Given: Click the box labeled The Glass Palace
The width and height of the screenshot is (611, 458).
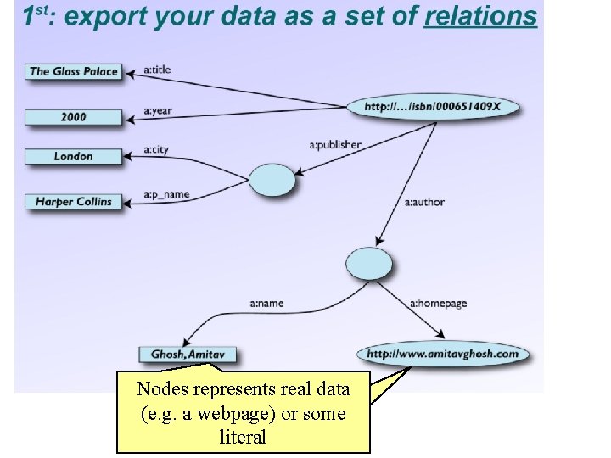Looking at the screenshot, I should [x=73, y=72].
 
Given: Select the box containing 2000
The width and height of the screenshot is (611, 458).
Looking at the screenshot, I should [x=73, y=117].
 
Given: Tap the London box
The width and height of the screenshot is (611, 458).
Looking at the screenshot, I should [x=73, y=156].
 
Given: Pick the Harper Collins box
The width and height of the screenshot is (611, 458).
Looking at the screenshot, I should [x=73, y=202].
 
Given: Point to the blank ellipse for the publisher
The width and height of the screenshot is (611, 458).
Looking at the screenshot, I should [x=272, y=180].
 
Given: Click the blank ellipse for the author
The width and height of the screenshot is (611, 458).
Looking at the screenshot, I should [x=369, y=264].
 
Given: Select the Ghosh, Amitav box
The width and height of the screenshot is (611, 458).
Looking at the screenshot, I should [x=188, y=354].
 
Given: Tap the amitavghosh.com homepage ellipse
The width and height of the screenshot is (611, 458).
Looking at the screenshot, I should [x=442, y=354].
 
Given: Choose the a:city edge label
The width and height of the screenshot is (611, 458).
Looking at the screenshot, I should [x=156, y=150].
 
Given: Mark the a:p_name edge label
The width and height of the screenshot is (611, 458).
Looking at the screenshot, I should [x=165, y=194].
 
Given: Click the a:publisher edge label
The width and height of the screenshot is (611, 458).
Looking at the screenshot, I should [x=335, y=145].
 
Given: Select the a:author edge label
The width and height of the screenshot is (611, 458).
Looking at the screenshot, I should [x=424, y=203].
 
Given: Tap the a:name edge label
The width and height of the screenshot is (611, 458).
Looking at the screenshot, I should [x=266, y=303].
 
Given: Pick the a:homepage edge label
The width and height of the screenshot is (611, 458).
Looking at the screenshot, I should [x=438, y=304].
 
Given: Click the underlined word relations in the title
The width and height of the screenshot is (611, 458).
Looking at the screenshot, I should [x=480, y=17].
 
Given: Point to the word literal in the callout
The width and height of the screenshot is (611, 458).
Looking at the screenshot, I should [x=243, y=438].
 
